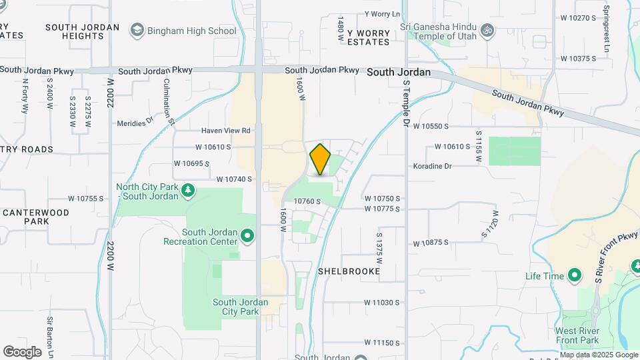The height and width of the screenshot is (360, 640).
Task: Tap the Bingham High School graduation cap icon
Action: pos(137,30)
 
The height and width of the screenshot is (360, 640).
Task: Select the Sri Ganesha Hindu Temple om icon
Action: pos(487,30)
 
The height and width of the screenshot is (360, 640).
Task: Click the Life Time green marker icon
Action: pos(574,276)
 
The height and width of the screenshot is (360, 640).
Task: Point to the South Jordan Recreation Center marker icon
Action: pos(248,235)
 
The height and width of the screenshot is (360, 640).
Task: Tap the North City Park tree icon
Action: pos(189,191)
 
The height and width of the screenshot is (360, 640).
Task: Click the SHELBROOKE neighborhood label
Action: pos(349,271)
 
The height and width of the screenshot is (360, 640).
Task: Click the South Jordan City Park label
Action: pos(240,307)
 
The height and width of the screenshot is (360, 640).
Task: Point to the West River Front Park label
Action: pos(577,335)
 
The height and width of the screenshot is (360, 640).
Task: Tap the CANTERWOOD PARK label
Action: pos(35,217)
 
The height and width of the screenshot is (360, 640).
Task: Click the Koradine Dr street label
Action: pos(432,166)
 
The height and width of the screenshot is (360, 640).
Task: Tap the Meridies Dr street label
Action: pos(135,122)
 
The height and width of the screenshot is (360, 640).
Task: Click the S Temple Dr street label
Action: pos(405,104)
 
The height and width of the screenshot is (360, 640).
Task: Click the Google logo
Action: pos(23,351)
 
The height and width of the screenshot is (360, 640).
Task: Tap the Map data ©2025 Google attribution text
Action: pos(599,355)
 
